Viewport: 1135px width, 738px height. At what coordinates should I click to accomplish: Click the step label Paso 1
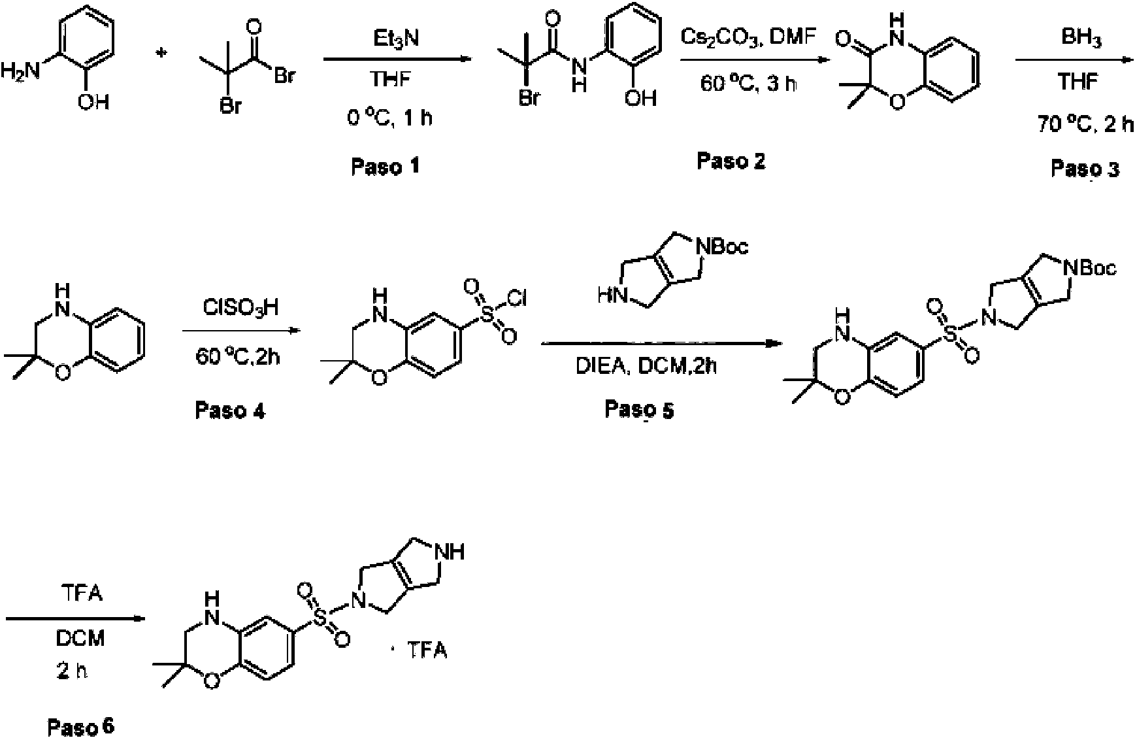pyautogui.click(x=385, y=167)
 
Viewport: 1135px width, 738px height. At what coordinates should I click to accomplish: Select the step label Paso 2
pyautogui.click(x=731, y=160)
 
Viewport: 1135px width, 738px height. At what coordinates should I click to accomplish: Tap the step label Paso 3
pyautogui.click(x=1085, y=169)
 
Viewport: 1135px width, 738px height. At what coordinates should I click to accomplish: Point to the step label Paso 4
pyautogui.click(x=231, y=411)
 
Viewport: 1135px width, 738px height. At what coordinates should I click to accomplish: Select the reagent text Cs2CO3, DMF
pyautogui.click(x=748, y=38)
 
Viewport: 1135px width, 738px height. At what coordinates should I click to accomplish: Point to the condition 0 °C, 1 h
pyautogui.click(x=389, y=118)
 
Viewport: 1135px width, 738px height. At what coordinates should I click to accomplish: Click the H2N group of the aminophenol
pyautogui.click(x=21, y=70)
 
